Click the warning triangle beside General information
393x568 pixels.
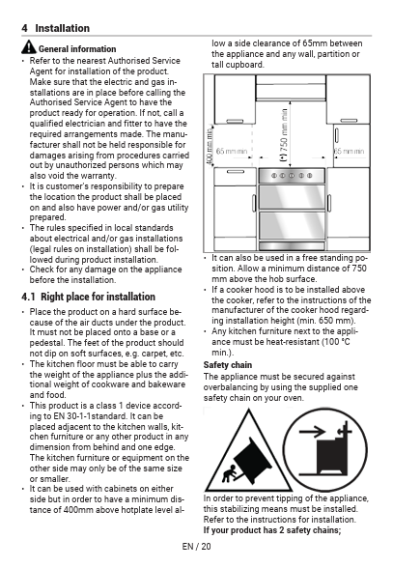[x=29, y=47]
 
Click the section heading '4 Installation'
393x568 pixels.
[x=55, y=28]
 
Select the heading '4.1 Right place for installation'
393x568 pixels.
[x=88, y=297]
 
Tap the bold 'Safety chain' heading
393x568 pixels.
[x=228, y=365]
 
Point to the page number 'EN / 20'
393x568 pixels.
[x=196, y=547]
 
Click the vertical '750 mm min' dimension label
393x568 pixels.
[x=284, y=135]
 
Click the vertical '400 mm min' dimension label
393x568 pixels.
[x=210, y=145]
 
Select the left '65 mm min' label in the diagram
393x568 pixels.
[x=231, y=151]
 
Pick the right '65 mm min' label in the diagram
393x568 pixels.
[x=349, y=151]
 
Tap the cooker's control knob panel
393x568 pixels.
[x=292, y=176]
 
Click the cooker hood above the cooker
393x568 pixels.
[x=292, y=88]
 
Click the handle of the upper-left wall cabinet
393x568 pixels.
[x=235, y=121]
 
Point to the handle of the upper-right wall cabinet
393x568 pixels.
[x=349, y=121]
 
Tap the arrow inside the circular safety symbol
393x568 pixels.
[x=312, y=432]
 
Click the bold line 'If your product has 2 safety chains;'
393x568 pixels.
[x=272, y=530]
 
